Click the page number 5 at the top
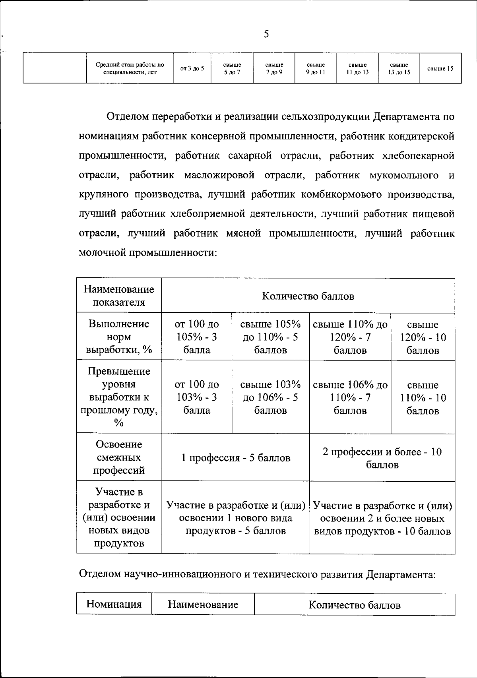click(266, 35)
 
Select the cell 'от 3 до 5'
click(192, 68)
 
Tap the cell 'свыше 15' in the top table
click(440, 68)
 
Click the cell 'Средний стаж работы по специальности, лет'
click(130, 68)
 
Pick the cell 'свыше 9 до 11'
click(316, 68)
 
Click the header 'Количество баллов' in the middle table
click(308, 296)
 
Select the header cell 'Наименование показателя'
click(119, 296)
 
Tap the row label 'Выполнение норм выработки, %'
click(119, 337)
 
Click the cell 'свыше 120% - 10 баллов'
click(423, 337)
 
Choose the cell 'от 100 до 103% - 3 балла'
click(197, 397)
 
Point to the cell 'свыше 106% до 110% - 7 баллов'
click(350, 397)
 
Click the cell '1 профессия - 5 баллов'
click(236, 458)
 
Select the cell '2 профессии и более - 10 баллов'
click(382, 458)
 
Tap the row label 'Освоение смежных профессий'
click(119, 457)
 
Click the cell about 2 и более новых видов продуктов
click(382, 518)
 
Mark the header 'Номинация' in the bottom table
click(114, 604)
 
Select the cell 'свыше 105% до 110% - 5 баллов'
click(270, 337)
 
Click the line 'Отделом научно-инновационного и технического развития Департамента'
click(257, 574)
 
